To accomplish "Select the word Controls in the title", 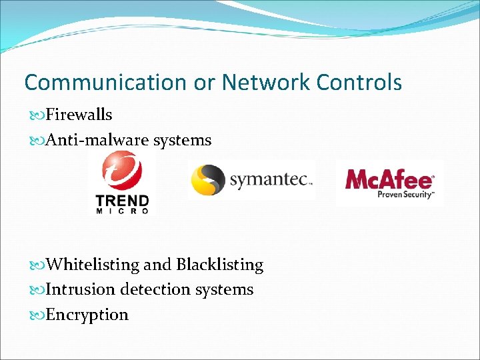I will click(359, 83).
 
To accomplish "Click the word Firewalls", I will click(79, 115).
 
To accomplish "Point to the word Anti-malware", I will click(97, 140).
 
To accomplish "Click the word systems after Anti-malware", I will click(182, 140).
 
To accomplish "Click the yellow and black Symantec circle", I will click(207, 179).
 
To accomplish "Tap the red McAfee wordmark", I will click(389, 179).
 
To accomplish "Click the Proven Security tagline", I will click(405, 195).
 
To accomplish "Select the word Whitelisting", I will click(93, 265).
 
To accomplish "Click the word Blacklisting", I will click(219, 265).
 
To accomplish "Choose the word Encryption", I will click(87, 315).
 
